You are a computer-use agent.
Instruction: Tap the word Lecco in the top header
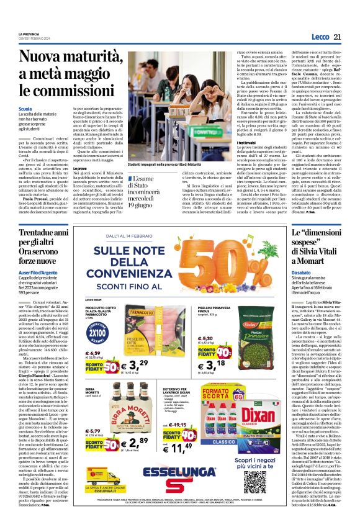[320, 37]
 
